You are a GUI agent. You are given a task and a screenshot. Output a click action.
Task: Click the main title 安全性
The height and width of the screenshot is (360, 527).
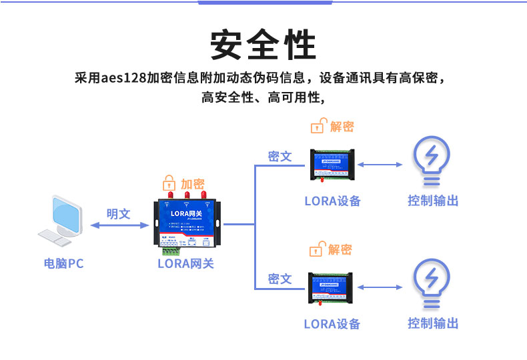263,45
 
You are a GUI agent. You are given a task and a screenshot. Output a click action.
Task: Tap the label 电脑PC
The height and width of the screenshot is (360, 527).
64,263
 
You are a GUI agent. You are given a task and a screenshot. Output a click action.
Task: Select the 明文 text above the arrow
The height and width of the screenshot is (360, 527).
119,214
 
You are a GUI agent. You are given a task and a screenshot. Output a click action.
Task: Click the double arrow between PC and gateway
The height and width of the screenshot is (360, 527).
119,226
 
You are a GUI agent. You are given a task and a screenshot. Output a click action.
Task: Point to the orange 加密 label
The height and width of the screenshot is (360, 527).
193,183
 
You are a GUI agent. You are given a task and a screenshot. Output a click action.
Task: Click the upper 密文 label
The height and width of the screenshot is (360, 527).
280,156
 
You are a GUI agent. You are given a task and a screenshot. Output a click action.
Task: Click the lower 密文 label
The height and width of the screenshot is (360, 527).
280,279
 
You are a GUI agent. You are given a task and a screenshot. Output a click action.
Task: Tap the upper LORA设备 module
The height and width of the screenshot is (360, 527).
332,165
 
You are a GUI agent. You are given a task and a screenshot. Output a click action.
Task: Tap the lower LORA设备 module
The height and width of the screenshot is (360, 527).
332,287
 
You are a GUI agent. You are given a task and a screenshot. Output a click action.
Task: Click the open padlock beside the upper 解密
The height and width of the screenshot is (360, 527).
318,126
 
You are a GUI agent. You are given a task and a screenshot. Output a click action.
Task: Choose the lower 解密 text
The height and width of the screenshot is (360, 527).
340,249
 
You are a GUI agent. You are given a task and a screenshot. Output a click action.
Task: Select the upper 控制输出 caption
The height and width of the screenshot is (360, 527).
433,201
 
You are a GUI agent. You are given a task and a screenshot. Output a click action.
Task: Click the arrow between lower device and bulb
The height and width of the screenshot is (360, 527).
380,287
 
